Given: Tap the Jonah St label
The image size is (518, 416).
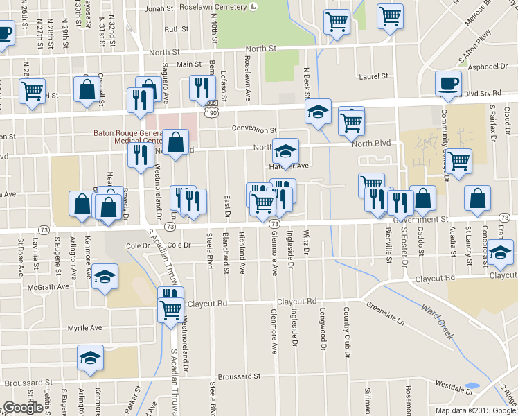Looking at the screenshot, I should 158,8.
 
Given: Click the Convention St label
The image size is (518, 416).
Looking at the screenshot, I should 254,130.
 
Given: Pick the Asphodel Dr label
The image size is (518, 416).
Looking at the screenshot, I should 488,66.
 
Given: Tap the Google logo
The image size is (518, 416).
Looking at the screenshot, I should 23,408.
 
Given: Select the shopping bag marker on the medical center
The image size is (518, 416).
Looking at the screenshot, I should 177,143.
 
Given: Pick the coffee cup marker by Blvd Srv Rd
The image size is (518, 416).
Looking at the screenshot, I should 448,84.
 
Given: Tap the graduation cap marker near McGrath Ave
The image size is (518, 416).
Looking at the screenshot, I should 104,279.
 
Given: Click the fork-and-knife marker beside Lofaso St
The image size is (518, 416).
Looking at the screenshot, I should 202,88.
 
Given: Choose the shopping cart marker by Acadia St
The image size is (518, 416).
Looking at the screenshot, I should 459,161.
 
